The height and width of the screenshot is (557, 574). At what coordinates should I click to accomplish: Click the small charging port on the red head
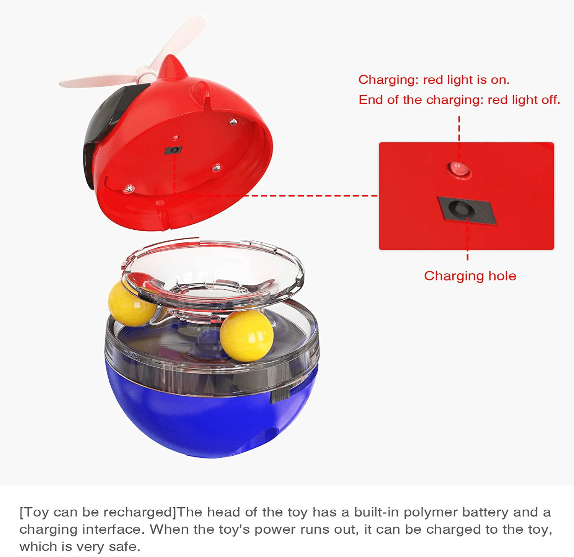pyautogui.click(x=173, y=150)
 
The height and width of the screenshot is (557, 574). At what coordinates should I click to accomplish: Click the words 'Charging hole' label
pyautogui.click(x=470, y=276)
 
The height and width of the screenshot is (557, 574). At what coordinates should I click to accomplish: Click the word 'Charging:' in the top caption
pyautogui.click(x=388, y=80)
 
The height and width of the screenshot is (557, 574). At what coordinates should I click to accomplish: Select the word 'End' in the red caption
pyautogui.click(x=370, y=100)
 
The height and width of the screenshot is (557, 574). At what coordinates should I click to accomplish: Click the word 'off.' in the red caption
pyautogui.click(x=551, y=100)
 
